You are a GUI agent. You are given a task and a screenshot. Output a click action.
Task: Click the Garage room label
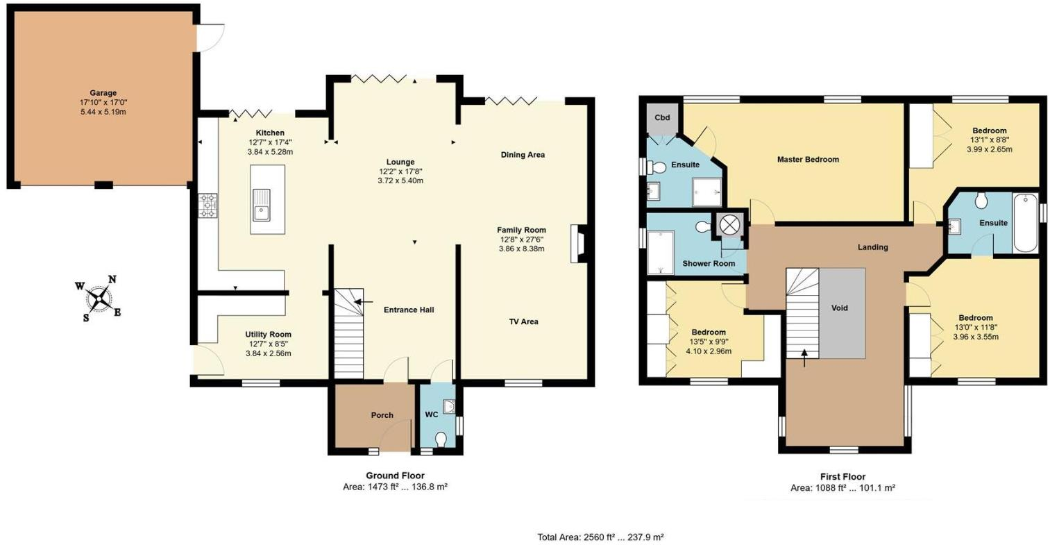(x=103, y=93)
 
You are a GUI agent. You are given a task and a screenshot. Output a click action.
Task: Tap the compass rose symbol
(x=99, y=299)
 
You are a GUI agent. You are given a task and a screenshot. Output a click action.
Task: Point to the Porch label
(x=382, y=415)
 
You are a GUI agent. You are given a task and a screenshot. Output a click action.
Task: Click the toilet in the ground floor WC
(x=440, y=439)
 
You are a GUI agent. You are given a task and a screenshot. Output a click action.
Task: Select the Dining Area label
(x=523, y=155)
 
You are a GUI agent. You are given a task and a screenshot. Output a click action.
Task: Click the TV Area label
(x=523, y=321)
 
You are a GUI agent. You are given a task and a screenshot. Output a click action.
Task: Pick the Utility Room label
(x=268, y=335)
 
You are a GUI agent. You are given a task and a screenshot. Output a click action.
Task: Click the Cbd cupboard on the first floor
(x=662, y=118)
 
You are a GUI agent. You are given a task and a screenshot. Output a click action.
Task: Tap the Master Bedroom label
(x=808, y=160)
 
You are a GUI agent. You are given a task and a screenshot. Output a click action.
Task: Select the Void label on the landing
(x=839, y=308)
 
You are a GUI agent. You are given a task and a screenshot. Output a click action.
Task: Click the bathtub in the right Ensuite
(x=1025, y=224)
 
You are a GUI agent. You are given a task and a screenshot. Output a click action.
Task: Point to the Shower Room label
(x=709, y=263)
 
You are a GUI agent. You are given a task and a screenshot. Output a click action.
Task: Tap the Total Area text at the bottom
(x=600, y=537)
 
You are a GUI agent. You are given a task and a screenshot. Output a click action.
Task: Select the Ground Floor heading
(x=395, y=476)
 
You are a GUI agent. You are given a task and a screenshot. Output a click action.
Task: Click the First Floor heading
(x=842, y=477)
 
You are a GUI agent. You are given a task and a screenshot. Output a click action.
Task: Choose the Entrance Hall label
(x=409, y=310)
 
